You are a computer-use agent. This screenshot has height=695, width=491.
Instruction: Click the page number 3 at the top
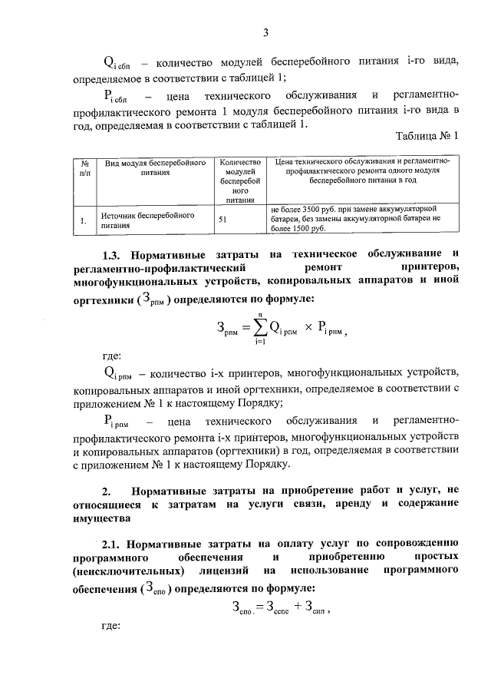tap(265, 32)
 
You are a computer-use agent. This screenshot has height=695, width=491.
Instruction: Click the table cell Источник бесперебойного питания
tap(143, 222)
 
